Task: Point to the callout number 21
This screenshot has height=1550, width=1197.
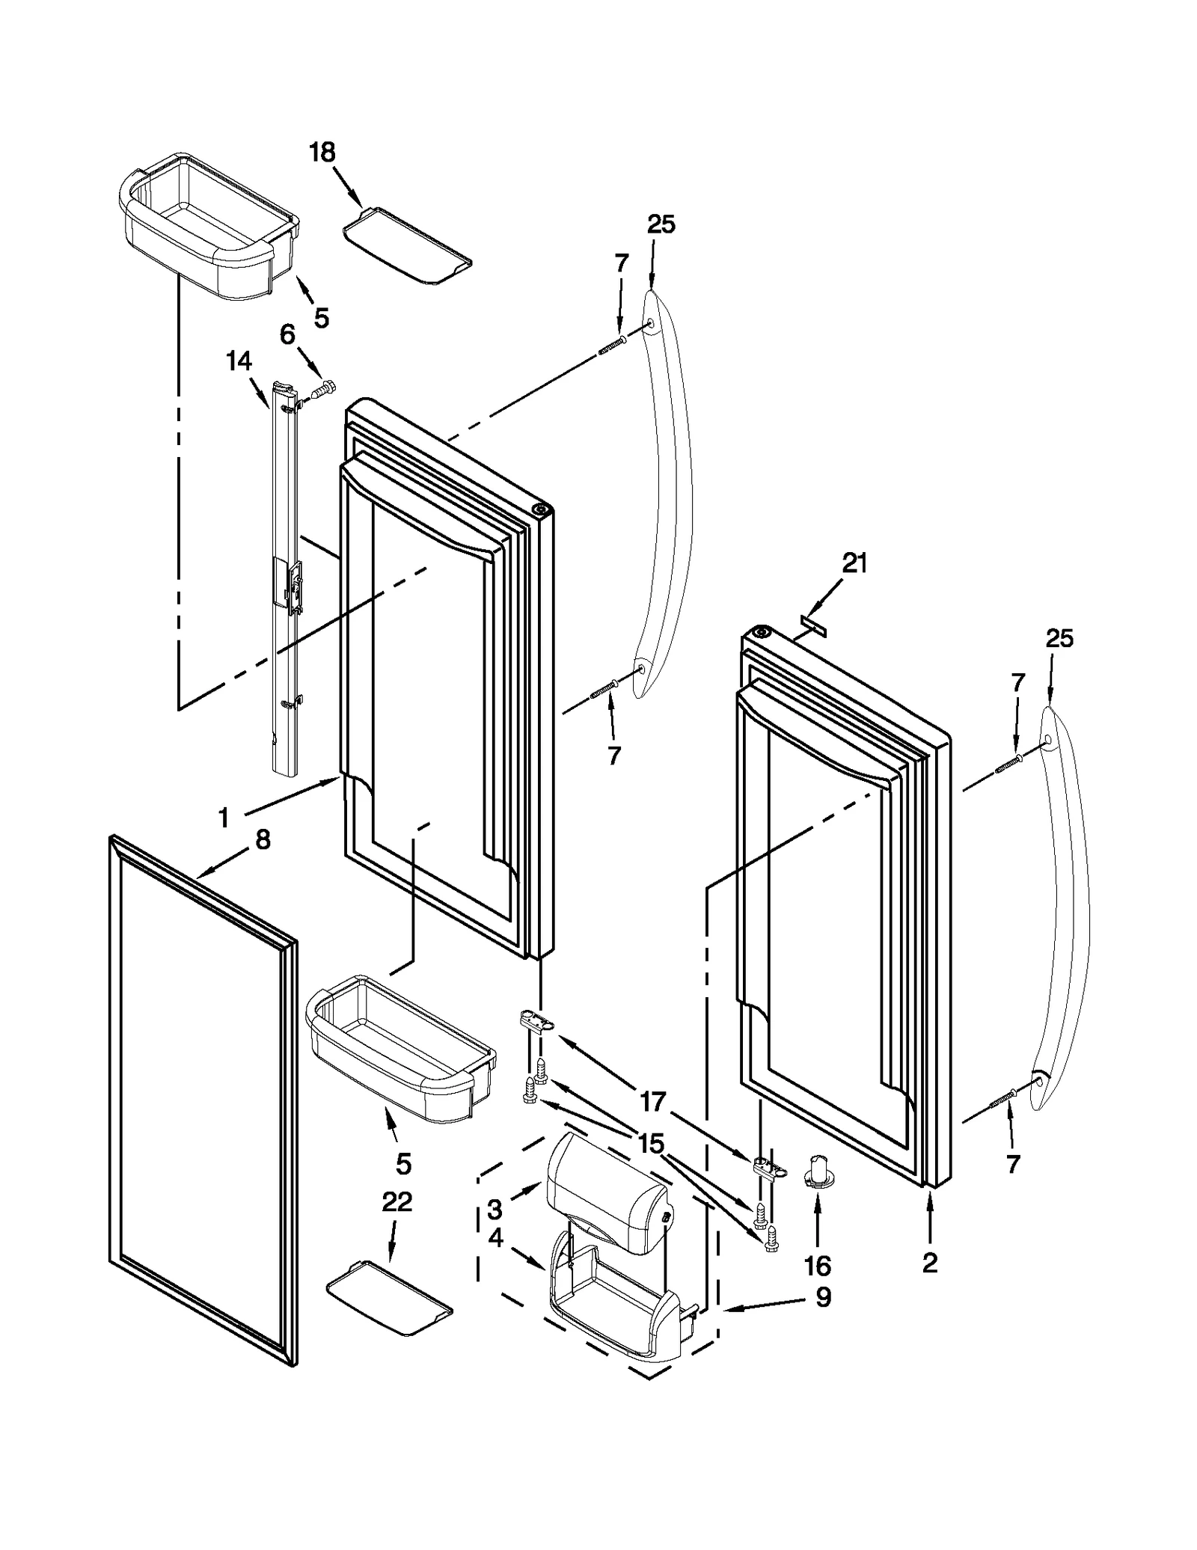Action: tap(854, 563)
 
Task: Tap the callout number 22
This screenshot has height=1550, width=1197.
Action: tap(397, 1202)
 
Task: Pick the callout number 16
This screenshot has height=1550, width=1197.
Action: tap(818, 1266)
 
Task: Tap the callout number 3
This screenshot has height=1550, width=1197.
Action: tap(495, 1209)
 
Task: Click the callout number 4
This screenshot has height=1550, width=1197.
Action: tap(495, 1239)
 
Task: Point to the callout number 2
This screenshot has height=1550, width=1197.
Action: tap(929, 1263)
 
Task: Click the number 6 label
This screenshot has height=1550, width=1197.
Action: tap(287, 334)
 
